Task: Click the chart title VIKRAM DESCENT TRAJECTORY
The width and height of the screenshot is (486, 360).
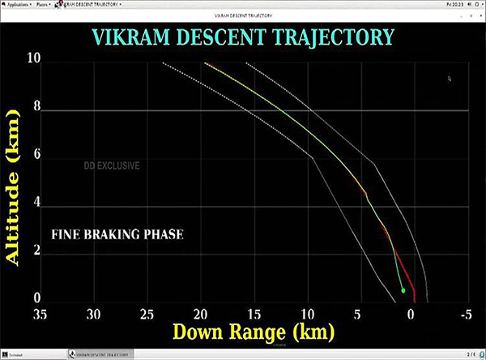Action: [243, 37]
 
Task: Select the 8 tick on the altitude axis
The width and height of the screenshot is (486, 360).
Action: [37, 109]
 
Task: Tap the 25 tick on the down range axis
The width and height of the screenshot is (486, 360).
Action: [148, 314]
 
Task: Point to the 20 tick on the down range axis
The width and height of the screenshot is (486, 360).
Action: [201, 314]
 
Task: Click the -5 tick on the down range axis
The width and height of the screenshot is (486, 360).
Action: [464, 314]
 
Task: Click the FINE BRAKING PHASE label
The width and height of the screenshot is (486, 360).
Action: [117, 235]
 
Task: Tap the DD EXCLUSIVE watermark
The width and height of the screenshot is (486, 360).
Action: [112, 166]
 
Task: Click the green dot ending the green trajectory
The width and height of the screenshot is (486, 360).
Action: [403, 289]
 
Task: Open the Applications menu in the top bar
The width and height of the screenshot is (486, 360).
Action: [18, 4]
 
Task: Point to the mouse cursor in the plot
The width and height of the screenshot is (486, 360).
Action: [450, 79]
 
